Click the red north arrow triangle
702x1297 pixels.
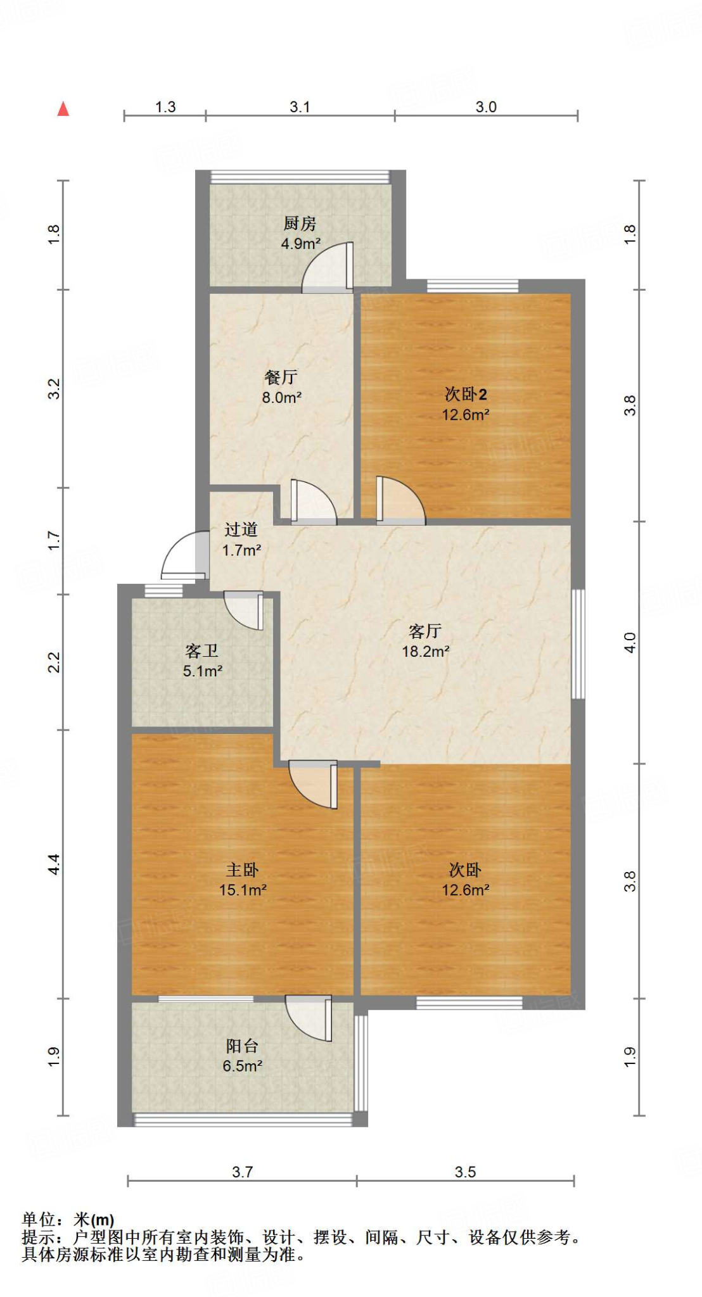coord(63,109)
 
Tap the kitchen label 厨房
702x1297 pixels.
coord(300,224)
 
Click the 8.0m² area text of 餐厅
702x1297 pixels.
coord(281,398)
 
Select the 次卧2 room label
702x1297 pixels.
coord(466,394)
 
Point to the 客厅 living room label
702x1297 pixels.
coord(425,631)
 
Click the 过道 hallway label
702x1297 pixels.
coord(241,529)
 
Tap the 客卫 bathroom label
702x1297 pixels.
coord(201,650)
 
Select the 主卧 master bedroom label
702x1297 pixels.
coord(242,870)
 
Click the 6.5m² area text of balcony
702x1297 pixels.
coord(242,1066)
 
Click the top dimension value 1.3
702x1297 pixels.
coord(165,107)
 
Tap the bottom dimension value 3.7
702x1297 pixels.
coord(242,1172)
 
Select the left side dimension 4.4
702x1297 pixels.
coord(54,864)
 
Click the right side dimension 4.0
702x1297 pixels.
coord(630,643)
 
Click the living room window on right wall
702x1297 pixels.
coord(578,643)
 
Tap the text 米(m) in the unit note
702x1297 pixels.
coord(94,1220)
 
